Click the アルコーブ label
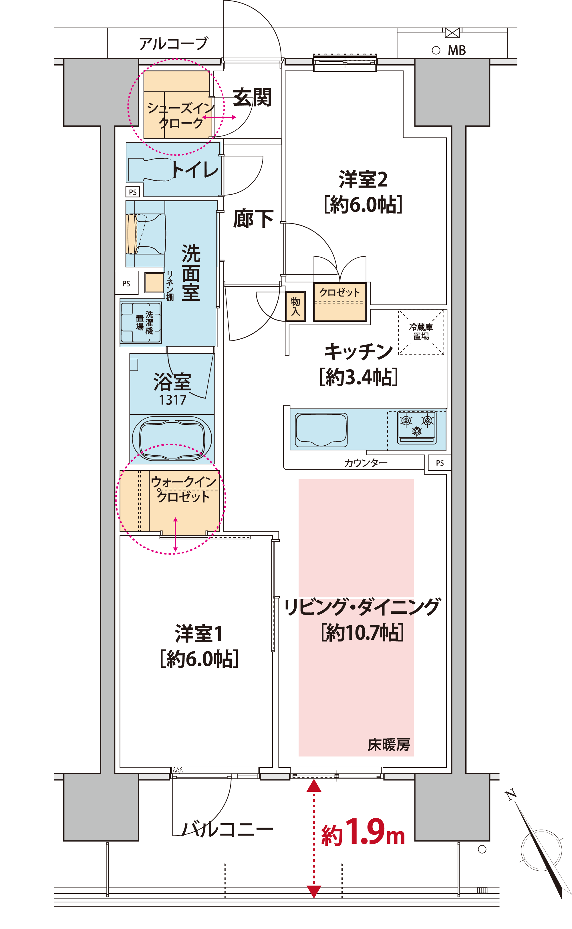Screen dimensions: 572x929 (x=174, y=44)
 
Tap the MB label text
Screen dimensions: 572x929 (x=457, y=50)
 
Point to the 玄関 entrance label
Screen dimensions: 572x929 (x=252, y=97)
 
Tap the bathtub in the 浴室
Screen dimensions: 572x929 (x=172, y=438)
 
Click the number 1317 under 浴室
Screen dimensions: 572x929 (x=172, y=400)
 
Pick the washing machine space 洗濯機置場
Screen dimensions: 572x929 (x=141, y=322)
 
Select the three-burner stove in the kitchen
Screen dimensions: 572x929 (x=416, y=427)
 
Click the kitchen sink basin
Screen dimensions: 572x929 (x=321, y=430)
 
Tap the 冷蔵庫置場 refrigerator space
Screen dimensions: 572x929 (x=421, y=332)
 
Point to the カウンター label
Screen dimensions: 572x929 (x=366, y=463)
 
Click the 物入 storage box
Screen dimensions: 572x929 (x=295, y=306)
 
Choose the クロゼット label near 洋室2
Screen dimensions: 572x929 (x=340, y=292)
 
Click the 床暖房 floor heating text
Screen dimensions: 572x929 (x=389, y=744)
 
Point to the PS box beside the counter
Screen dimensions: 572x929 (x=440, y=463)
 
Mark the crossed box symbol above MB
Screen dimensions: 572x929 (x=452, y=33)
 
